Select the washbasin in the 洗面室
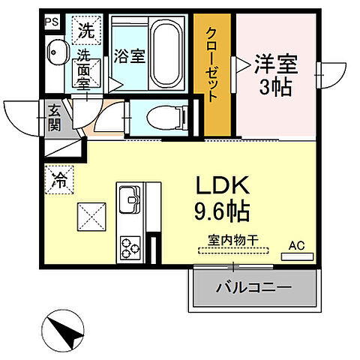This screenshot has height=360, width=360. [x=57, y=52]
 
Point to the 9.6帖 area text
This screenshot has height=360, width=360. [x=223, y=211]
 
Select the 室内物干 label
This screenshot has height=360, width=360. [x=232, y=239]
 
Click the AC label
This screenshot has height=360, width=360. [x=296, y=244]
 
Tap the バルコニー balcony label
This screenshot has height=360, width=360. [x=253, y=287]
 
